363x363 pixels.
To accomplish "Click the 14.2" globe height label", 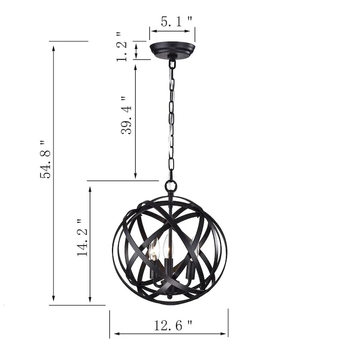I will point(83,238).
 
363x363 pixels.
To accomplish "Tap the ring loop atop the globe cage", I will point(171,186).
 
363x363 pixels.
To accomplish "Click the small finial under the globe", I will point(169,297).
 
